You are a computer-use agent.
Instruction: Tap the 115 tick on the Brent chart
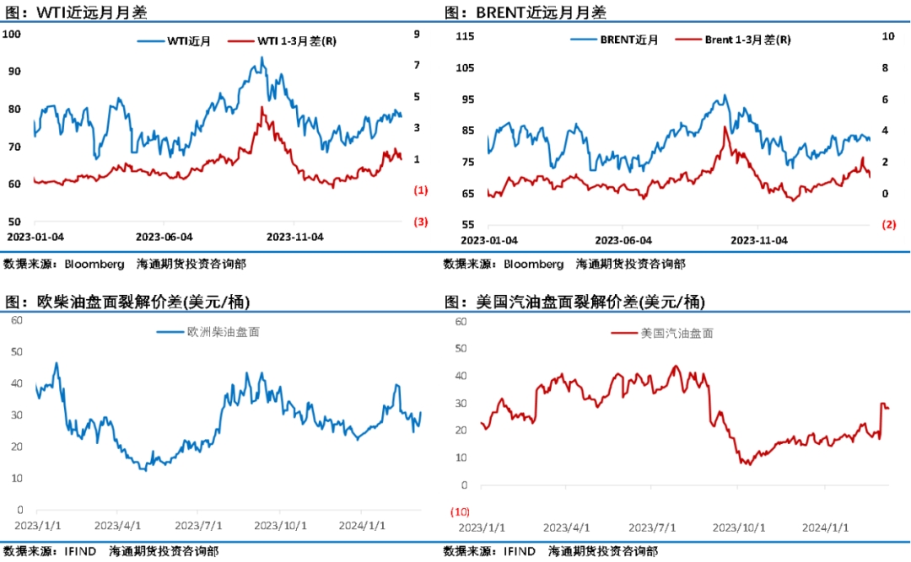tap(465, 36)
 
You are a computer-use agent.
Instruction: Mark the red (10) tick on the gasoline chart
tap(461, 512)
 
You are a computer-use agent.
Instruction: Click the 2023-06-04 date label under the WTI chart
tap(164, 237)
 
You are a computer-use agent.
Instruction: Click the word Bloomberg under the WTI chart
tap(95, 264)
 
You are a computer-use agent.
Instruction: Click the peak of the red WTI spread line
tap(262, 108)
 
